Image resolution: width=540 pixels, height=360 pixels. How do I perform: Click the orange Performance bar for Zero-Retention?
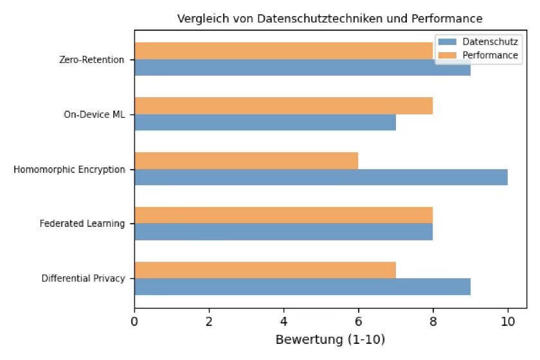(x=283, y=51)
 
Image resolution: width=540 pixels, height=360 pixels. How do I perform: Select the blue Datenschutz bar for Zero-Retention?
(x=302, y=67)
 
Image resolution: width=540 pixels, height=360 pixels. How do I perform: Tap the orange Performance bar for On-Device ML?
(x=283, y=105)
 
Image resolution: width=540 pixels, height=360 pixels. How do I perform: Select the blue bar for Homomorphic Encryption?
(x=321, y=177)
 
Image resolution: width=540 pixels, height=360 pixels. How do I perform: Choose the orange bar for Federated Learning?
(x=283, y=215)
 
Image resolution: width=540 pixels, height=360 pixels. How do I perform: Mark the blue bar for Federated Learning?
(x=283, y=231)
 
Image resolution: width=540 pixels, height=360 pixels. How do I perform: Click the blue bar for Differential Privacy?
(x=302, y=287)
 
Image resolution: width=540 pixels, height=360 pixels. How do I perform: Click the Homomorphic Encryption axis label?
(x=69, y=170)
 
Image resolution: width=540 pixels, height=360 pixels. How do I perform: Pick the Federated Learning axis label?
(x=82, y=224)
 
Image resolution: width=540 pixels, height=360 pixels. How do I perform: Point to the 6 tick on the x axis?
(x=358, y=321)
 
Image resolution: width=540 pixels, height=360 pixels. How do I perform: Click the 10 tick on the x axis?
(x=507, y=321)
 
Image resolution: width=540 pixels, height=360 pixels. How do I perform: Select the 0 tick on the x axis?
(x=134, y=321)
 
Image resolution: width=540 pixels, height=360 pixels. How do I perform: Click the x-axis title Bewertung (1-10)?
(x=330, y=339)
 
